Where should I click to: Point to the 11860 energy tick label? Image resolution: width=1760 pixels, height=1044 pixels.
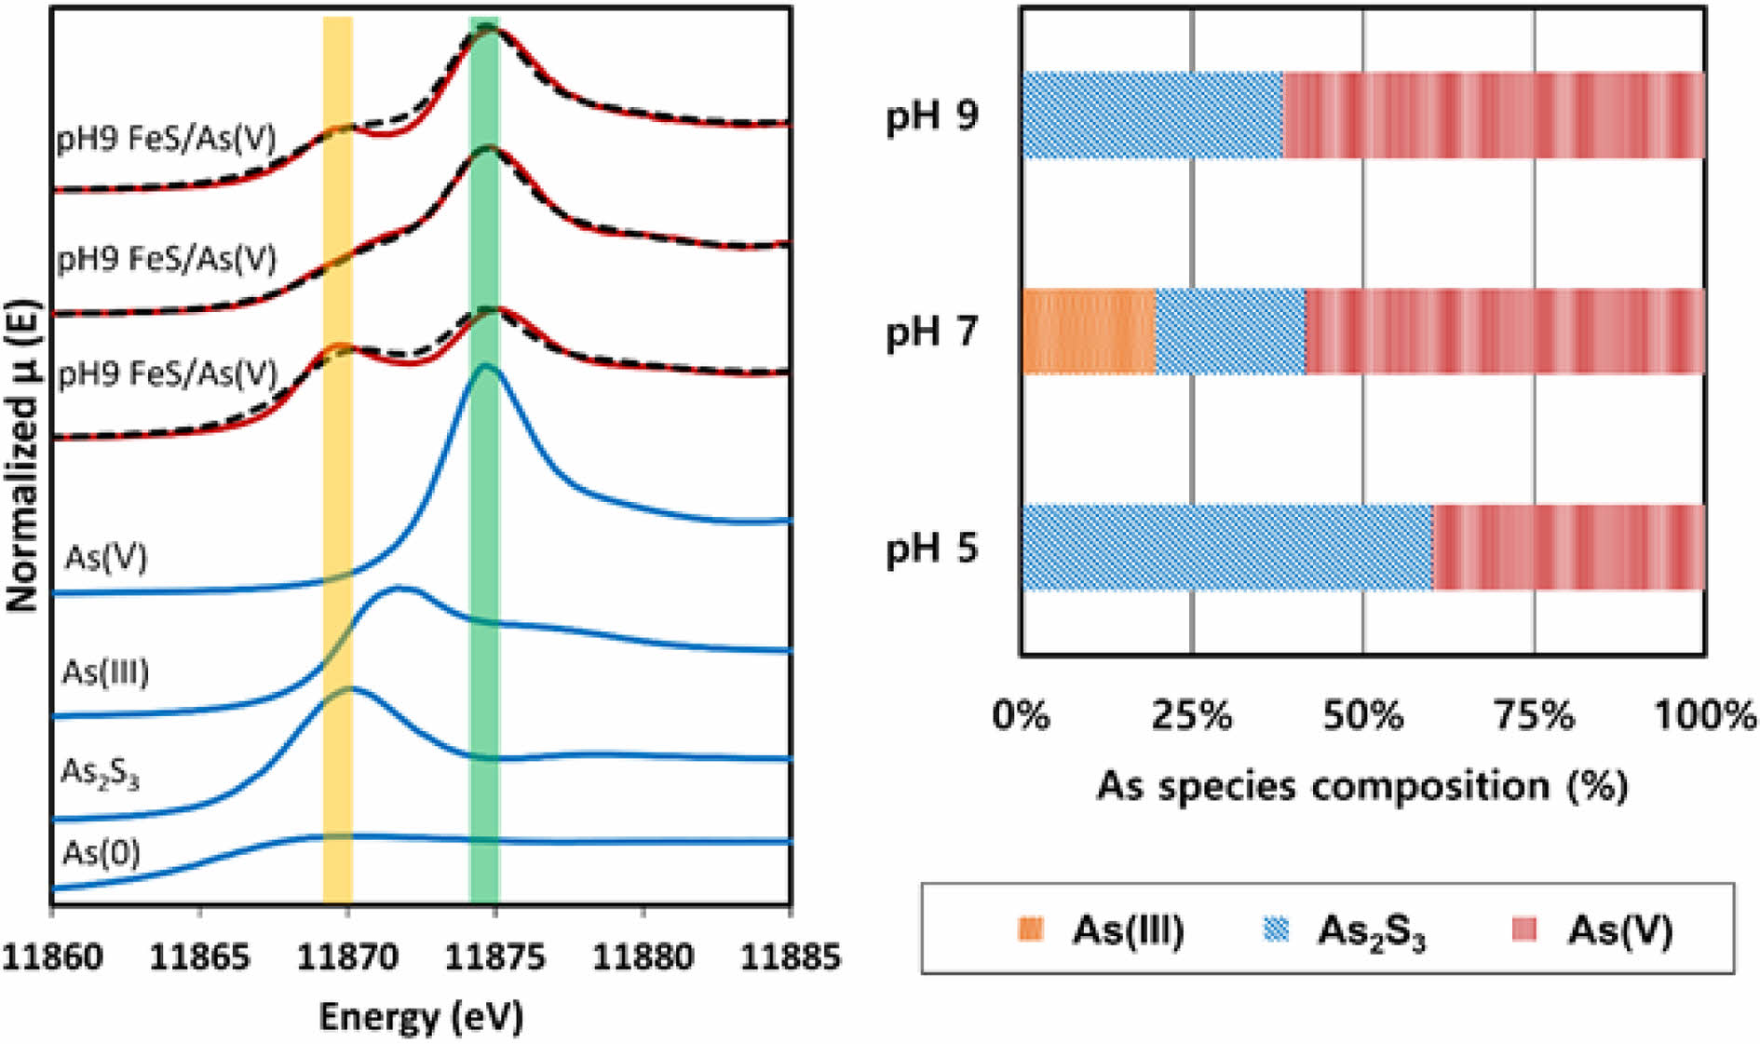pyautogui.click(x=51, y=956)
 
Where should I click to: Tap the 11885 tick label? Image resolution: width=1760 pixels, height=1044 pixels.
pyautogui.click(x=790, y=956)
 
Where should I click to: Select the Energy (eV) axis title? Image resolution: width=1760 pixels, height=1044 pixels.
pyautogui.click(x=421, y=1017)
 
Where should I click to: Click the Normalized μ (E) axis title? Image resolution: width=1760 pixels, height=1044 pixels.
pyautogui.click(x=24, y=455)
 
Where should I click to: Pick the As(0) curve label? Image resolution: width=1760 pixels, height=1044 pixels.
pyautogui.click(x=101, y=852)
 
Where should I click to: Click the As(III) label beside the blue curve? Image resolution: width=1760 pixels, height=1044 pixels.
pyautogui.click(x=105, y=671)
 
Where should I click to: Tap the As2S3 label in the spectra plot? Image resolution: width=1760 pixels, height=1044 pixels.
pyautogui.click(x=100, y=773)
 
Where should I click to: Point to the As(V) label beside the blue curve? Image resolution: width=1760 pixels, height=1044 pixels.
pyautogui.click(x=106, y=557)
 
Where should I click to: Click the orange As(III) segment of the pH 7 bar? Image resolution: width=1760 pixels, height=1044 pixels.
pyautogui.click(x=1090, y=332)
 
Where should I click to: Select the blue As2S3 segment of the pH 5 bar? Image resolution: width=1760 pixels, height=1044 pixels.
pyautogui.click(x=1227, y=548)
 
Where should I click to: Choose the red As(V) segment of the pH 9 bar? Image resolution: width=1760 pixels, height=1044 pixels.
pyautogui.click(x=1494, y=115)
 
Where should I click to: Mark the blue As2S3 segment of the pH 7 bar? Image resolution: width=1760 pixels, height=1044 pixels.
pyautogui.click(x=1231, y=332)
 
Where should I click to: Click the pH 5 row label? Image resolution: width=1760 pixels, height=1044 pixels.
pyautogui.click(x=931, y=548)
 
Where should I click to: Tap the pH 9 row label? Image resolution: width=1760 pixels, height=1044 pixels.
pyautogui.click(x=931, y=116)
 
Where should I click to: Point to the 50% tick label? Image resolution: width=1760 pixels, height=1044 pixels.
pyautogui.click(x=1362, y=715)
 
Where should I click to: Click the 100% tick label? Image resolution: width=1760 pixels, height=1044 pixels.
pyautogui.click(x=1704, y=715)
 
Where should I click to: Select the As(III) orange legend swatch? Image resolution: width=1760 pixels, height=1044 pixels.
pyautogui.click(x=1031, y=929)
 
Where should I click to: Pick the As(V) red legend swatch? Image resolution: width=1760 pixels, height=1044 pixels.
pyautogui.click(x=1524, y=929)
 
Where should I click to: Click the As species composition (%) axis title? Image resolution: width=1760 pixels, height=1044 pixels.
pyautogui.click(x=1362, y=785)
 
